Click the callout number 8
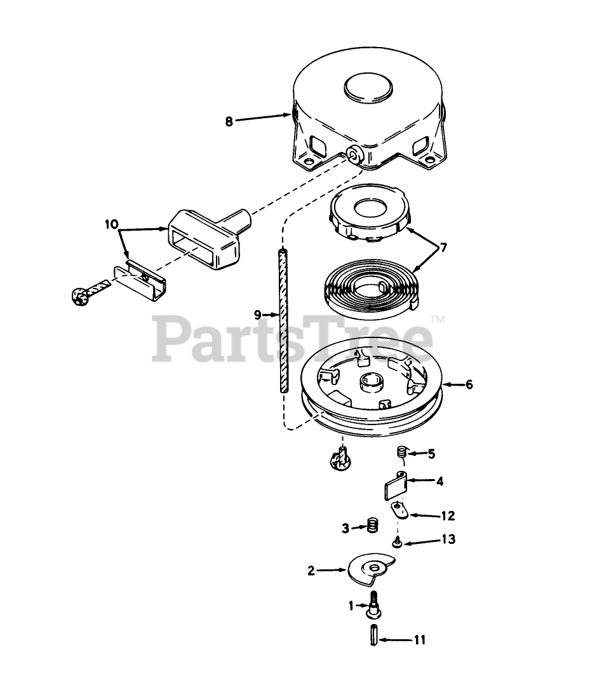pos(229,121)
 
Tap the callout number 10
pos(112,224)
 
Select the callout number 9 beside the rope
pos(257,314)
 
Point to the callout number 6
pos(469,384)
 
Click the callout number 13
pos(448,539)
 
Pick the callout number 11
pos(419,640)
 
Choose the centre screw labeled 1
pos(373,606)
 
